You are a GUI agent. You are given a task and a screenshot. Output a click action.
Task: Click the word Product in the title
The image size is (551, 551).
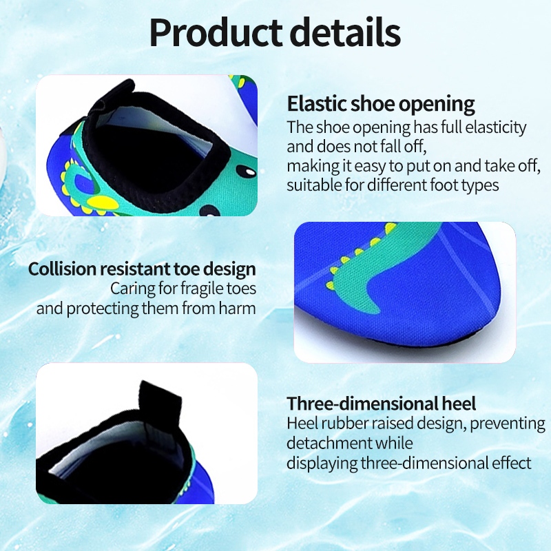point(216,32)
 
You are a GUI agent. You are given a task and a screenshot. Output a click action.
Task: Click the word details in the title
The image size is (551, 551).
point(346,32)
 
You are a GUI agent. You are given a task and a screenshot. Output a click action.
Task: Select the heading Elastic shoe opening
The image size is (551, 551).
point(381,104)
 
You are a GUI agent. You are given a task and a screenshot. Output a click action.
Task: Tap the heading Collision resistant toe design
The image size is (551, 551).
point(142,269)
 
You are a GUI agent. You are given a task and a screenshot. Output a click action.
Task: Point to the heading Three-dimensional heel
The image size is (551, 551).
point(382,403)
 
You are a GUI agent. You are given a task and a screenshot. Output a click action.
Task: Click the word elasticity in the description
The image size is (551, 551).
point(496,127)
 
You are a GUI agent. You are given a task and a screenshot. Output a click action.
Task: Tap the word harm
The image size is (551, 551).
point(237,308)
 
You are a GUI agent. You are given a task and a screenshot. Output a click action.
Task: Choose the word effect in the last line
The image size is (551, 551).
point(511,462)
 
